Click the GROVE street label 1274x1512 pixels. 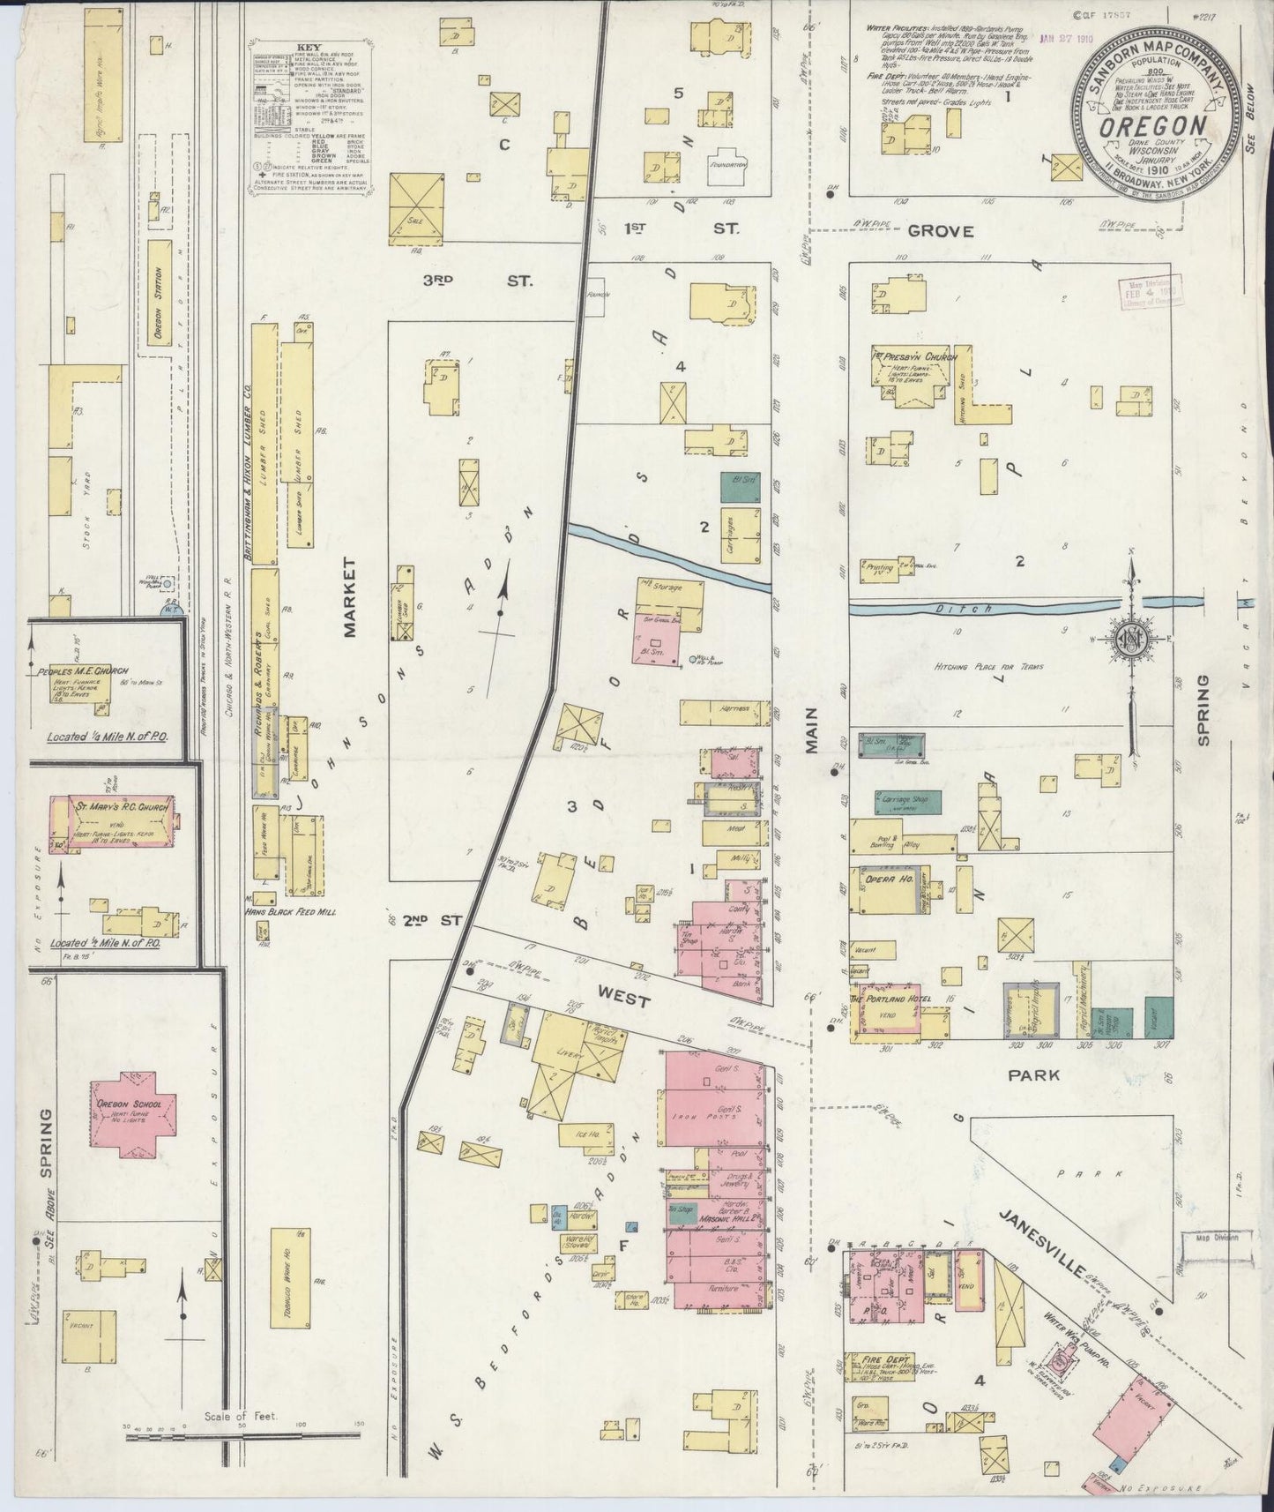click(941, 231)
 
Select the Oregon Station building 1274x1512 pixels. click(159, 291)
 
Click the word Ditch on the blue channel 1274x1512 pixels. click(976, 609)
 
